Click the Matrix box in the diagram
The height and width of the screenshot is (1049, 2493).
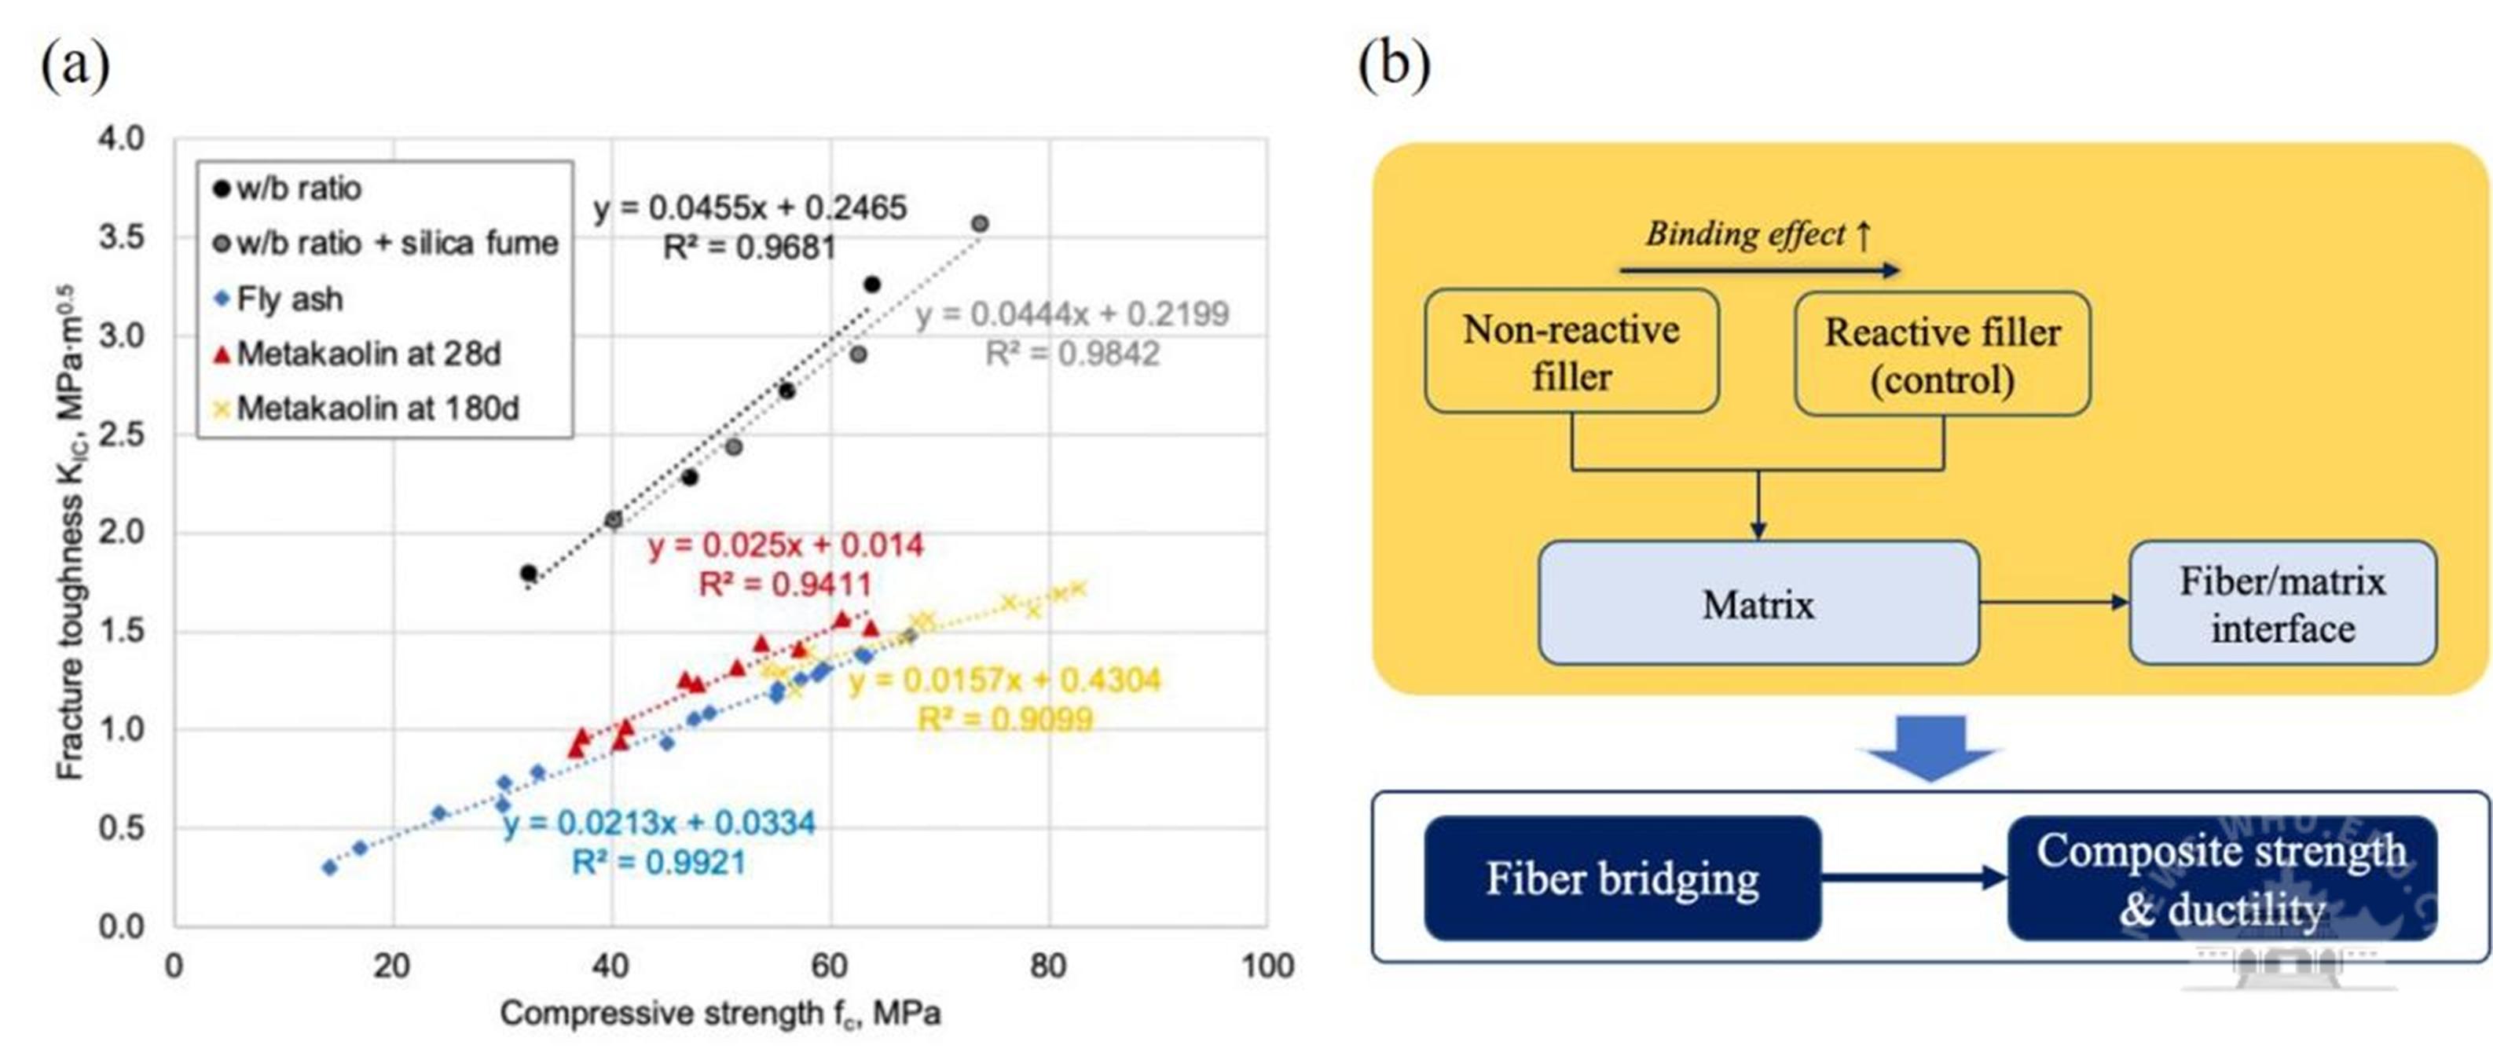point(1758,603)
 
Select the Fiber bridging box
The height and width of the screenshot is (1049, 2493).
point(1622,878)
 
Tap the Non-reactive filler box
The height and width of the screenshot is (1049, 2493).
point(1571,351)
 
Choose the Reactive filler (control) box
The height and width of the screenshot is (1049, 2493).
point(1941,354)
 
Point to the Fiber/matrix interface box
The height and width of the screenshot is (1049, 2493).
point(2282,603)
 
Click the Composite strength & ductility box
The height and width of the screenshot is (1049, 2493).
point(2221,878)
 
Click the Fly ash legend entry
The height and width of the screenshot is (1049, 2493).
point(289,299)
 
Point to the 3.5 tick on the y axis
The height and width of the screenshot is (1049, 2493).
point(122,237)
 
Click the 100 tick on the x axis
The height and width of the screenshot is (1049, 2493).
point(1267,966)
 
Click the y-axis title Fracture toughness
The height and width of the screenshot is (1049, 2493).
point(70,532)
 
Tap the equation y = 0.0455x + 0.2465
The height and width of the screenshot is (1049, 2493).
point(750,207)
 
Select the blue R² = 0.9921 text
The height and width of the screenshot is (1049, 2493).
point(659,862)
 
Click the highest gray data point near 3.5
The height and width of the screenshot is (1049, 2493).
point(980,223)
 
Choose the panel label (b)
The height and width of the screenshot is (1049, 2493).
point(1394,65)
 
